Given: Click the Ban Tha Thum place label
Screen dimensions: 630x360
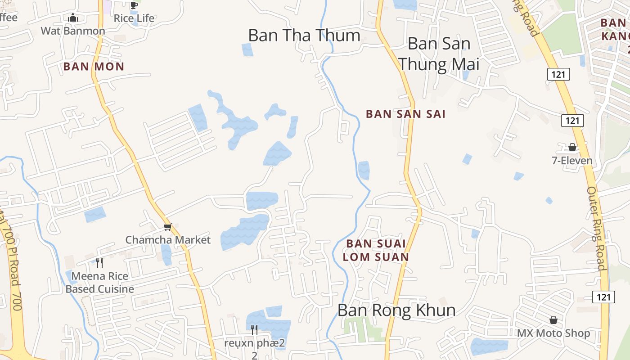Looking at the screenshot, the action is [x=304, y=36].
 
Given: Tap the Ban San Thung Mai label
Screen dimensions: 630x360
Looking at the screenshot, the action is [x=439, y=54].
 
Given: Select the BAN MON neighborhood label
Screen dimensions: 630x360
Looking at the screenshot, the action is [x=94, y=67].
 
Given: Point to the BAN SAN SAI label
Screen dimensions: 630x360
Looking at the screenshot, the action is [x=405, y=114].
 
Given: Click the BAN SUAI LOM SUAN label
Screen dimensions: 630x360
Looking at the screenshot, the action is [x=376, y=250].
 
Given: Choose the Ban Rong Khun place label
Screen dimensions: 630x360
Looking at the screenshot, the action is [x=396, y=310].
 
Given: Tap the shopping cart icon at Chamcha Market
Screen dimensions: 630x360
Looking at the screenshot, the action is [x=167, y=227].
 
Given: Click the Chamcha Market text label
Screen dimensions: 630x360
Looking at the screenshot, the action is [x=168, y=240].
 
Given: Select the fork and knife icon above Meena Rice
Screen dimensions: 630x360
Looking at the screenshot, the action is [x=99, y=262].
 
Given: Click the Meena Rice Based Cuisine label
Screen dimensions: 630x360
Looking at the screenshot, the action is [x=99, y=283].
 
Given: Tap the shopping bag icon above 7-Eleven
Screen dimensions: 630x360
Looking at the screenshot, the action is [x=572, y=147].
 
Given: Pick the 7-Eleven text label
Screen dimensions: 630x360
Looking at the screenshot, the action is [x=572, y=161].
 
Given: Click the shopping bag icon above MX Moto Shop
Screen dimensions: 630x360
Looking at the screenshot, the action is [x=553, y=320].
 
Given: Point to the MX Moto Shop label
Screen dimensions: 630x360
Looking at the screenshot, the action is [x=553, y=333].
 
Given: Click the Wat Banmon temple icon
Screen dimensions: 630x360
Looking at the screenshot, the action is [x=73, y=18].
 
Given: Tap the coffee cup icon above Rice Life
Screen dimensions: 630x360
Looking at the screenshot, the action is [x=134, y=5].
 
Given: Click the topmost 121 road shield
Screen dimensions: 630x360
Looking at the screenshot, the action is [x=558, y=74].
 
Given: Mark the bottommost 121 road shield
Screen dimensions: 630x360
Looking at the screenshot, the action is [x=603, y=297].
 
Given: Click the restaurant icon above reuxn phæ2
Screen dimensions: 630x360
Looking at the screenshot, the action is [x=254, y=330].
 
